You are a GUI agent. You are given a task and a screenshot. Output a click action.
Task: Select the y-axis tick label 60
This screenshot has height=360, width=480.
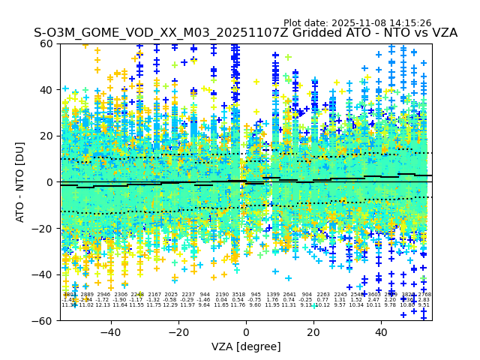47,43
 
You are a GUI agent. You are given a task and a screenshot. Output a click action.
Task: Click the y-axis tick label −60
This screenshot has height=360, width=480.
43,320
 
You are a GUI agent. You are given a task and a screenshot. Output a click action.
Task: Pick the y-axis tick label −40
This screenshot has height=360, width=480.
43,274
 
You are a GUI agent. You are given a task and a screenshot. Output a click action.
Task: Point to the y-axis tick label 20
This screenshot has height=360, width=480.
47,136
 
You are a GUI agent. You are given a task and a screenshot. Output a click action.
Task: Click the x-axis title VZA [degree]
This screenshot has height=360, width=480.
246,346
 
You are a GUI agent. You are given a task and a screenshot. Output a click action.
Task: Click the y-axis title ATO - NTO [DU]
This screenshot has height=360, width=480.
20,181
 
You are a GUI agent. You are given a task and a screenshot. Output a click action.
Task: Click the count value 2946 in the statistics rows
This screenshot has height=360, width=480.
103,295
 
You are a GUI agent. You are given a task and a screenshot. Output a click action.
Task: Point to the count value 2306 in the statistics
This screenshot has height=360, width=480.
120,295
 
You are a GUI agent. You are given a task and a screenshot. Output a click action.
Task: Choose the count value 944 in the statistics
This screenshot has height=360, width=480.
205,295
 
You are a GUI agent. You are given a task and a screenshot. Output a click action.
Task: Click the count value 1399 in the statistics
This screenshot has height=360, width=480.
273,295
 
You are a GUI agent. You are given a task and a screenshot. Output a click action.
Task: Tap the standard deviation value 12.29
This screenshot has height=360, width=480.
171,305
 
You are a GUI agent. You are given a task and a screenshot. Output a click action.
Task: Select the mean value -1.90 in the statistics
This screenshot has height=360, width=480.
120,300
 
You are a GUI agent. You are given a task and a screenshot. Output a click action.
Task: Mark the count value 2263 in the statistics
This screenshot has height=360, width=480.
323,295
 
